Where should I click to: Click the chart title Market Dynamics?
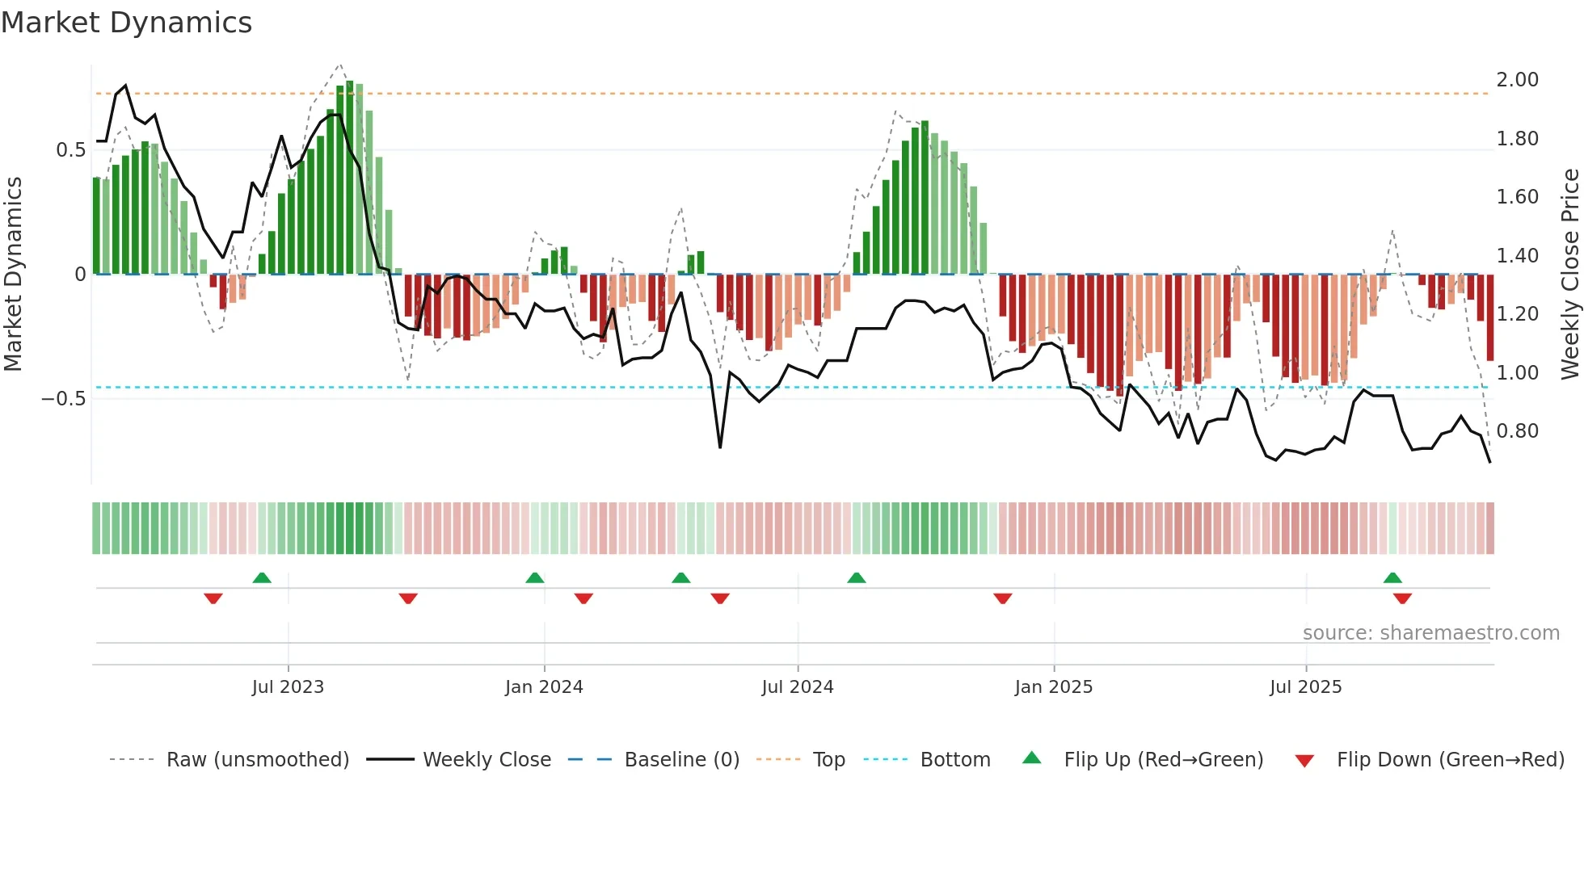pos(127,23)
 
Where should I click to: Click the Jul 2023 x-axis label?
pos(288,687)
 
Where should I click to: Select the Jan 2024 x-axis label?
pos(544,687)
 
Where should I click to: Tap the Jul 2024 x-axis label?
pos(798,687)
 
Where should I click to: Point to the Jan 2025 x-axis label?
pos(1054,687)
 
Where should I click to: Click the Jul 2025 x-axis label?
pos(1306,687)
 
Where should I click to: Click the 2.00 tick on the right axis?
pos(1517,80)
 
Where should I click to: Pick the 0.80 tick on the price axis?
pos(1517,431)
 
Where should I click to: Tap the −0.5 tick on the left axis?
pos(63,399)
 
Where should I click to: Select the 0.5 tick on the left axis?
pos(71,150)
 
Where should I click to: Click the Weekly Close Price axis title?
pos(1569,275)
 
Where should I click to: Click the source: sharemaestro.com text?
pos(1430,633)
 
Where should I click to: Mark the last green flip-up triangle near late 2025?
pos(1392,578)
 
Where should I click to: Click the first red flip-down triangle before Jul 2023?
pos(213,598)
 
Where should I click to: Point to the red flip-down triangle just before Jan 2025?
pos(1003,598)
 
